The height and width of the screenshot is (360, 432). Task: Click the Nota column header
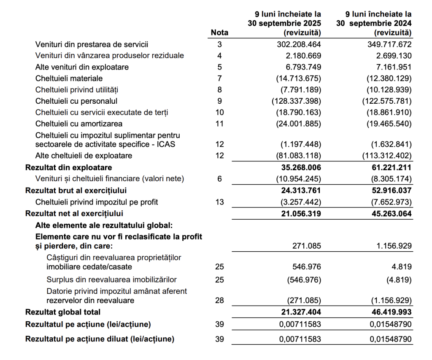pos(219,32)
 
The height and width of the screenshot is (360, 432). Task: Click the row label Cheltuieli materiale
pos(69,78)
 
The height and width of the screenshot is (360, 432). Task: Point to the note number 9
pos(219,101)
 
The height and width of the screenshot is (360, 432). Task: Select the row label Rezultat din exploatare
pos(68,168)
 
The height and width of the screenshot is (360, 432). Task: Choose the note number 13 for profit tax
pos(219,202)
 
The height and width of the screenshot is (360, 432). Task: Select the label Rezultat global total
pos(63,312)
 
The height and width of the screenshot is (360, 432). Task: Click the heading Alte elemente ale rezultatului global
pos(104,225)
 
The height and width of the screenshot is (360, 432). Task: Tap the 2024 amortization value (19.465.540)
pos(387,124)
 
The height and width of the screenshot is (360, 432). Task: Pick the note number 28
pos(219,301)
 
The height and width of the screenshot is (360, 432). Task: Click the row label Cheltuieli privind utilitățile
pos(77,90)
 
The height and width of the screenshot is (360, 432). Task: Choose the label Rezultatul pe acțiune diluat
pos(100,339)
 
